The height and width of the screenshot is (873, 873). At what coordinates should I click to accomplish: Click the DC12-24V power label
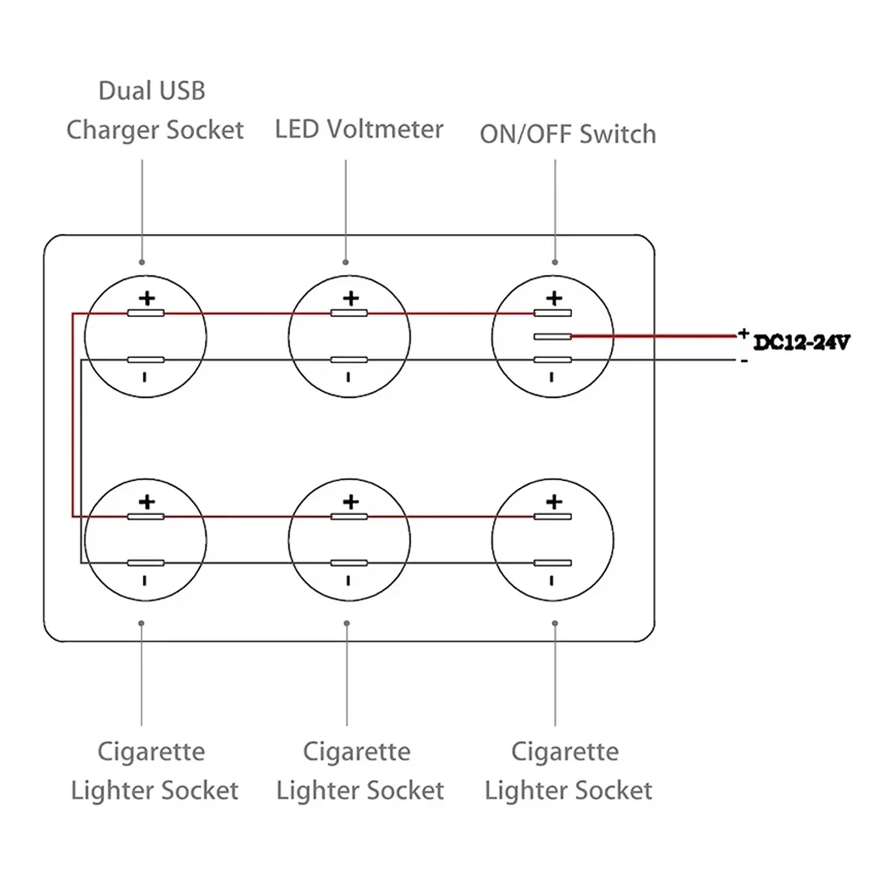[801, 343]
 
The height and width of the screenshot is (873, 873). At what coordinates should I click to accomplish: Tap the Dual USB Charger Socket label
[155, 111]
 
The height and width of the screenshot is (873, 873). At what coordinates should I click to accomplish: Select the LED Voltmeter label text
[359, 129]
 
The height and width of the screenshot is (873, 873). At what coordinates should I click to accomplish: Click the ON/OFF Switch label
[567, 134]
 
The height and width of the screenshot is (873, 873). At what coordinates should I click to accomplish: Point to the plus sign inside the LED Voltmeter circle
[350, 299]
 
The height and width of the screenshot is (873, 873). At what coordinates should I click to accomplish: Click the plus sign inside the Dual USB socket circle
[147, 299]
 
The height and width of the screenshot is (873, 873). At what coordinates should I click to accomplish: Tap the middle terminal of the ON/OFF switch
[553, 336]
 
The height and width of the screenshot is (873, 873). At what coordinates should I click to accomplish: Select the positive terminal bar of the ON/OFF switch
[553, 313]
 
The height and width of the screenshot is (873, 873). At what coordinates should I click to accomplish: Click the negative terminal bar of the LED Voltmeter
[349, 360]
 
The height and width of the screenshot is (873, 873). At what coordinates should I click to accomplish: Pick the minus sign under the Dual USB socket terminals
[145, 377]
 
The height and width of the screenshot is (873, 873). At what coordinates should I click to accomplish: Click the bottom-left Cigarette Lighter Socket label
[154, 771]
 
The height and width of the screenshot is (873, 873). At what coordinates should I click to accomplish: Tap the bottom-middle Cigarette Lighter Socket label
[360, 771]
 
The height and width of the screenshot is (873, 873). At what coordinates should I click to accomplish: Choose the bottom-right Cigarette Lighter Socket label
[567, 771]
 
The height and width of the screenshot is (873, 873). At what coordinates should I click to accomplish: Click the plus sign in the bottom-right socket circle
[553, 502]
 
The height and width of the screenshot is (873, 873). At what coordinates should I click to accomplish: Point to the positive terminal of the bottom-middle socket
[349, 517]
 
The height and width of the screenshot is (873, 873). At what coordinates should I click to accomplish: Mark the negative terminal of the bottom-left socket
[146, 563]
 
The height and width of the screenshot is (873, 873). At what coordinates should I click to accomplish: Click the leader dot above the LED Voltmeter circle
[347, 262]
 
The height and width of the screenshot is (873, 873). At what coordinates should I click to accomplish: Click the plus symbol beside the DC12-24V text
[743, 333]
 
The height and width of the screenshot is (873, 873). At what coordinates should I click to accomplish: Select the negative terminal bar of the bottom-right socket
[553, 563]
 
